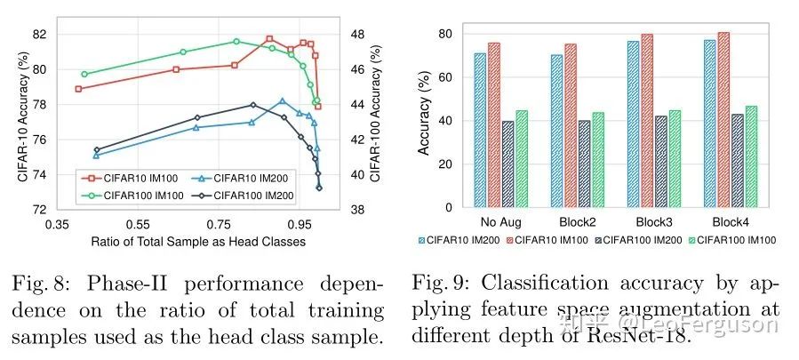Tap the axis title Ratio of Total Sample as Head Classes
pyautogui.click(x=197, y=242)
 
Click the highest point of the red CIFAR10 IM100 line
pyautogui.click(x=269, y=39)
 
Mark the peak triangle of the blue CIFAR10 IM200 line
pyautogui.click(x=282, y=101)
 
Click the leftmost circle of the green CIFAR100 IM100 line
pyautogui.click(x=84, y=74)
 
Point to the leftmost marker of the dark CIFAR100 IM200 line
pyautogui.click(x=96, y=150)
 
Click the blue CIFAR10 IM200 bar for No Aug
pyautogui.click(x=480, y=131)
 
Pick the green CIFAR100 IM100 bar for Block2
pyautogui.click(x=597, y=160)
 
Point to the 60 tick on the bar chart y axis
pyautogui.click(x=446, y=77)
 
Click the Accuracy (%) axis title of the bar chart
pyautogui.click(x=424, y=120)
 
